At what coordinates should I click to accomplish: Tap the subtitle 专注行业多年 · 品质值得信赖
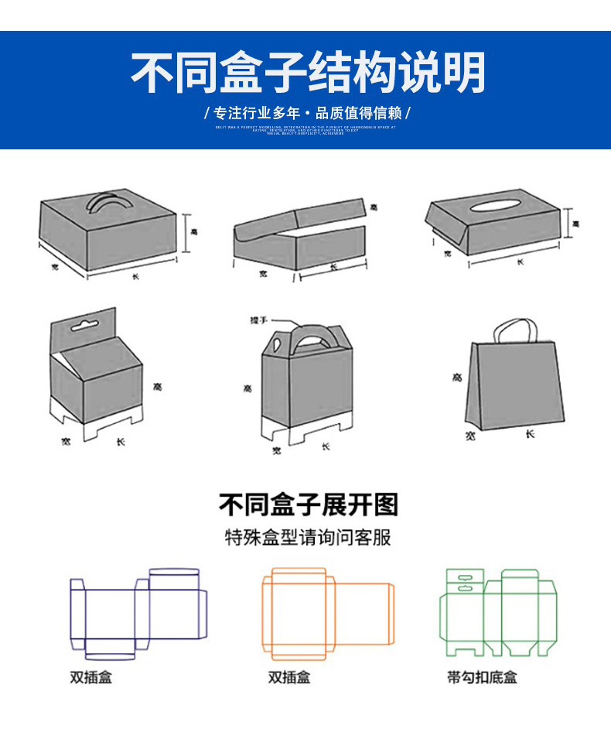tap(307, 113)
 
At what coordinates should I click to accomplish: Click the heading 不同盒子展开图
tap(308, 505)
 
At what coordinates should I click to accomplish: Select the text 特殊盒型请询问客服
tap(308, 537)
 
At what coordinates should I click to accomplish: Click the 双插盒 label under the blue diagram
tap(90, 677)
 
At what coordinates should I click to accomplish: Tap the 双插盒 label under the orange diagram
tap(288, 677)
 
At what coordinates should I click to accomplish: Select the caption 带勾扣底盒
tap(482, 677)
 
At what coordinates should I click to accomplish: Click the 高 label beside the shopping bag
tap(457, 378)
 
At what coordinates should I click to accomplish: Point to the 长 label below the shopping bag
tap(530, 434)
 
